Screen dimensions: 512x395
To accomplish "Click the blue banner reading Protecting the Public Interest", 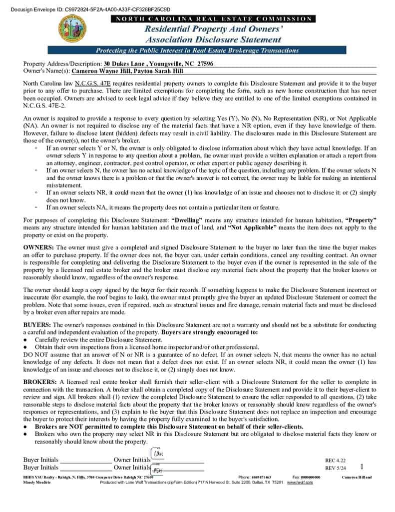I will click(197, 50).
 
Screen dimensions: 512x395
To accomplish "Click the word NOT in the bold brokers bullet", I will click(70, 427).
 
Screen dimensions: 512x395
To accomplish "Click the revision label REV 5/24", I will click(335, 468).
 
